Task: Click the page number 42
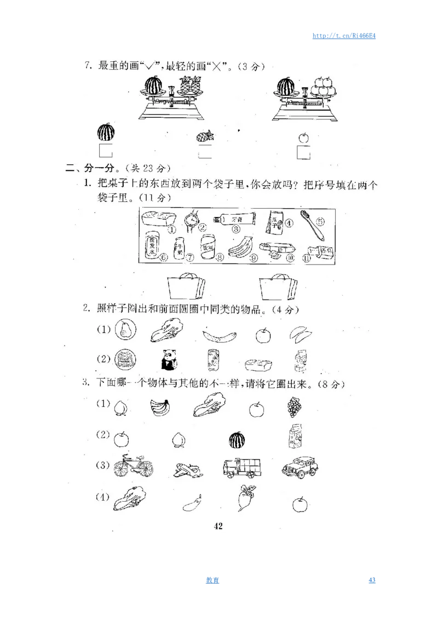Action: point(218,526)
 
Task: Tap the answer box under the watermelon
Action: point(105,151)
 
